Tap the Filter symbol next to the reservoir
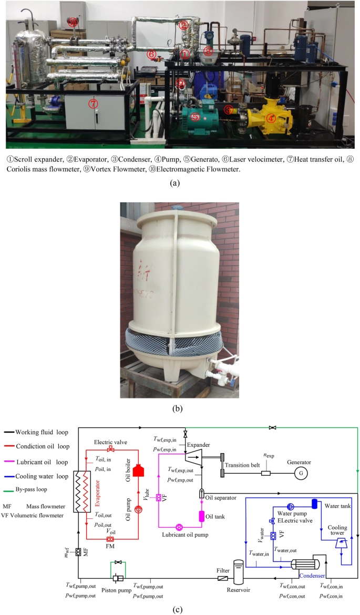coord(223,579)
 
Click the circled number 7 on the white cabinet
coord(93,104)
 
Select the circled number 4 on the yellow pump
coord(271,118)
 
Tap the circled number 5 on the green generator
coord(196,117)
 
